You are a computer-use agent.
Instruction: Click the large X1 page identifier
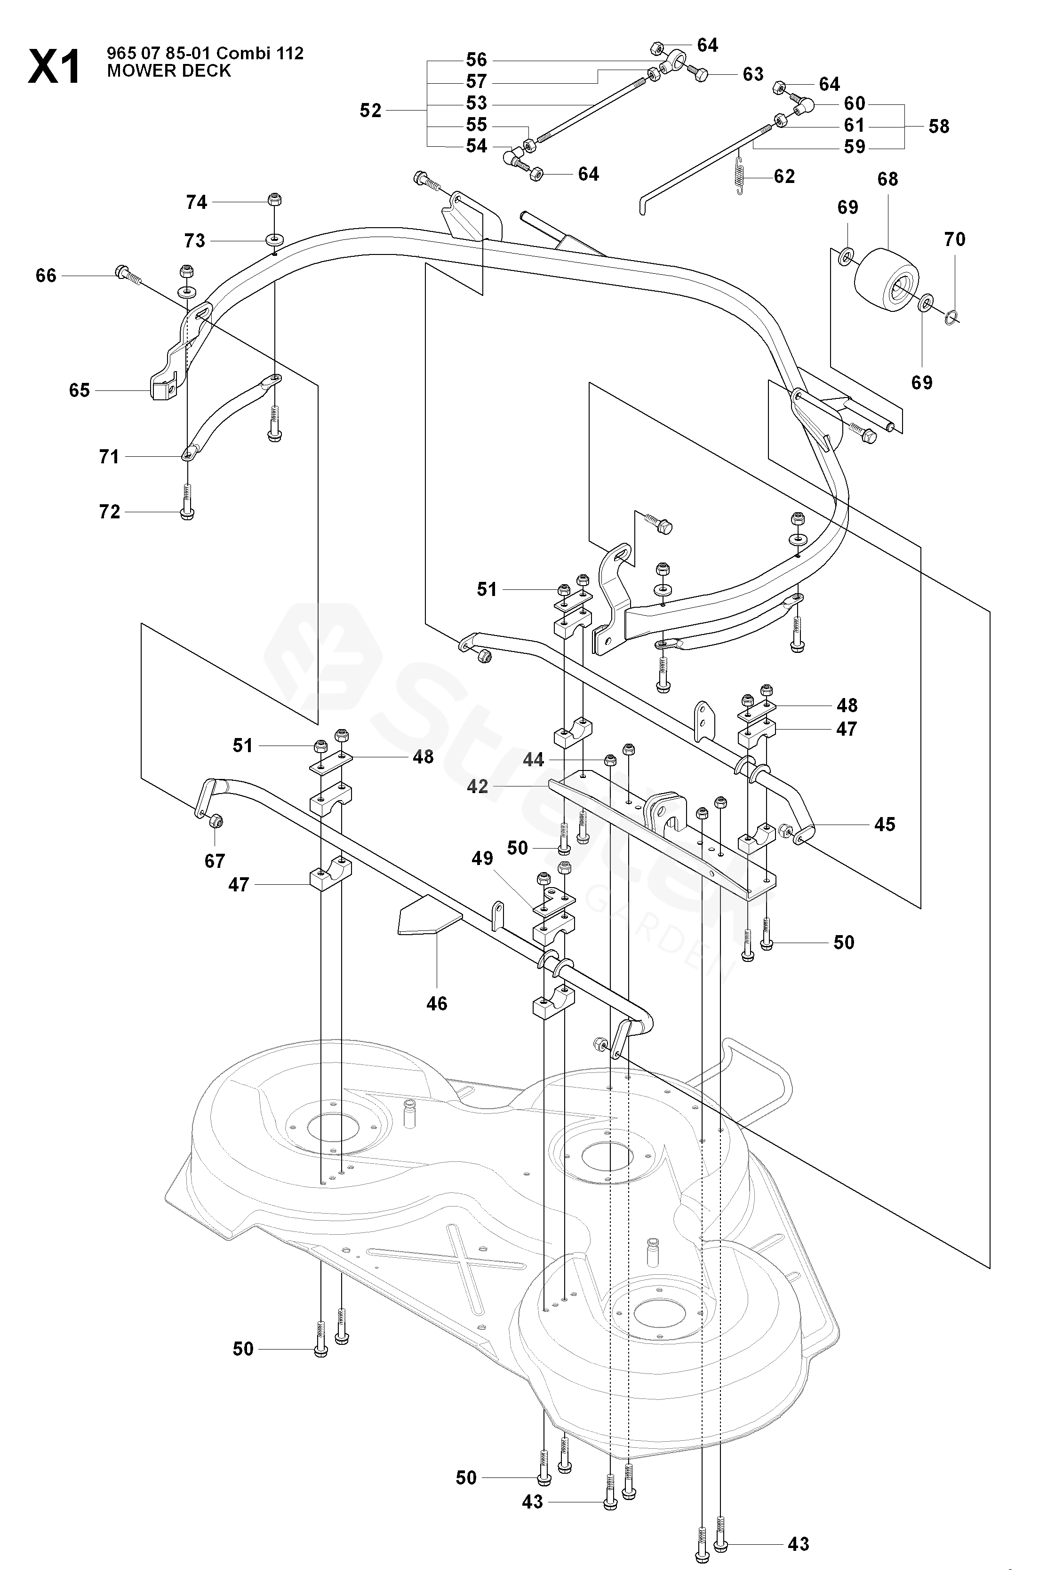point(54,67)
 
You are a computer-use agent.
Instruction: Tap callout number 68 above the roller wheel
point(887,180)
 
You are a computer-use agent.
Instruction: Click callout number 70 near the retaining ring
point(955,239)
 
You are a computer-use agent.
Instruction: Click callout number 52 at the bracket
point(370,111)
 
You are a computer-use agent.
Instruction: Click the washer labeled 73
point(273,239)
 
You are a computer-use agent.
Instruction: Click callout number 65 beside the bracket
point(80,390)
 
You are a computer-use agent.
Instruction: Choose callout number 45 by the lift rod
point(885,825)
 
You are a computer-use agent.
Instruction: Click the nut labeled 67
point(216,822)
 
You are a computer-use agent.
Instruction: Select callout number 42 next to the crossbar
point(477,786)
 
